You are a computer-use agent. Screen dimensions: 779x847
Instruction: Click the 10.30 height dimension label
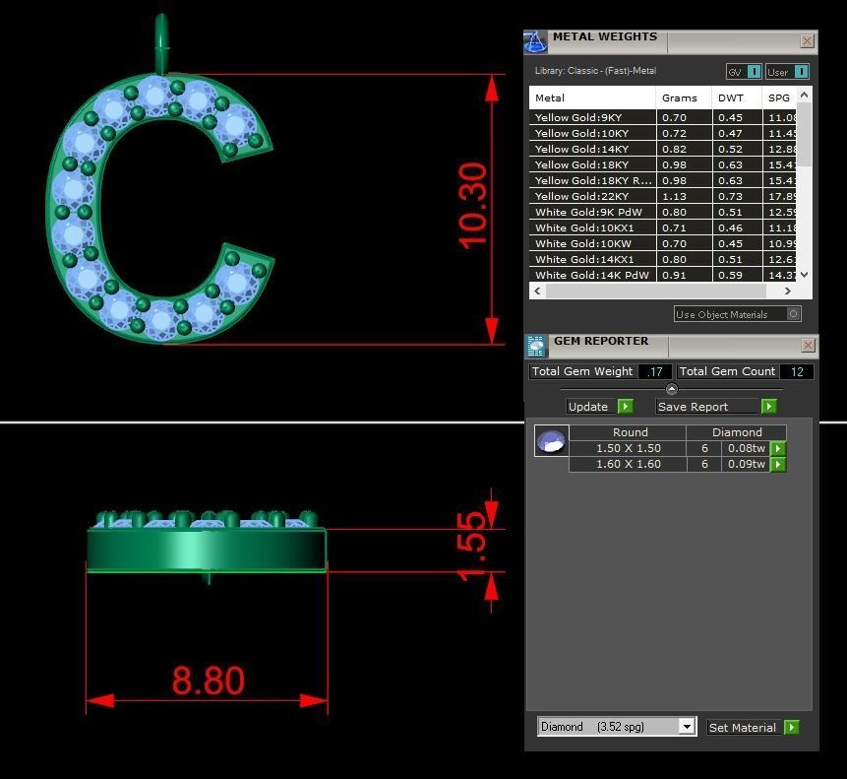point(473,207)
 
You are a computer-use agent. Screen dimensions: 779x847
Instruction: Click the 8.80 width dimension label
point(208,681)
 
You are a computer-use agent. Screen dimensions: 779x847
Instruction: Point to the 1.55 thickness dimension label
point(473,546)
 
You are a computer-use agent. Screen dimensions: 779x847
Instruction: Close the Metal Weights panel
point(807,41)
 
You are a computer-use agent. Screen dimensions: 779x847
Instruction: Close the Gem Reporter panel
point(808,345)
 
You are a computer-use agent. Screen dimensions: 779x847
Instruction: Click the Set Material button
point(753,728)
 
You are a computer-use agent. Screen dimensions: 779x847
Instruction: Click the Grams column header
point(680,97)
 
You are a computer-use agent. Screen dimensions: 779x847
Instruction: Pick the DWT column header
point(731,97)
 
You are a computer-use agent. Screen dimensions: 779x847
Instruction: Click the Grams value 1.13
point(675,196)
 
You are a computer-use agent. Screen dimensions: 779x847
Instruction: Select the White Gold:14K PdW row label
point(591,275)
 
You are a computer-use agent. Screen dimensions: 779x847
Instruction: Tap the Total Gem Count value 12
point(796,371)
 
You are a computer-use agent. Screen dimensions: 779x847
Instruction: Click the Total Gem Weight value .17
point(654,371)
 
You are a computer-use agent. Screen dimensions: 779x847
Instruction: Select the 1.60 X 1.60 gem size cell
point(628,464)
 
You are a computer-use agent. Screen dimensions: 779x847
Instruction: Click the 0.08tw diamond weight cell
point(746,448)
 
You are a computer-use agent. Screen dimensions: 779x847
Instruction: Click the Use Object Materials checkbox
point(793,314)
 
